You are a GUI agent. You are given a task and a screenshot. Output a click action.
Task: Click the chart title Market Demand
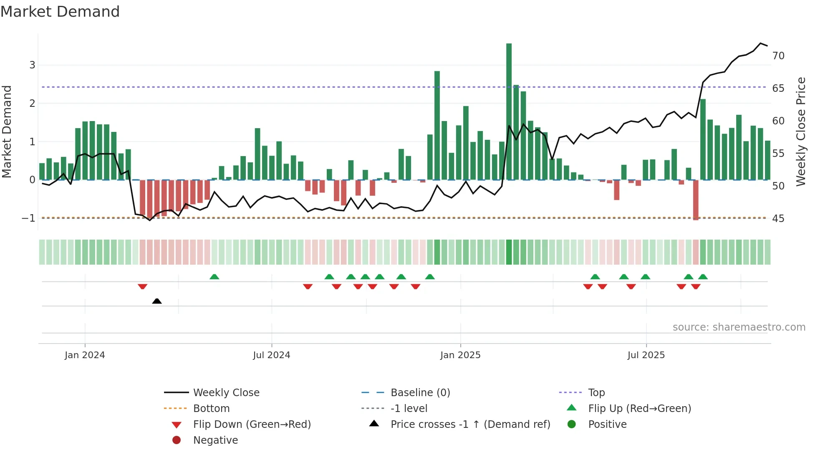[60, 12]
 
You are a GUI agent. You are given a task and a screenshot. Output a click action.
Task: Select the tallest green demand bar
[509, 111]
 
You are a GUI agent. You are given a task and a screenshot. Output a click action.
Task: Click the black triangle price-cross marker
[157, 301]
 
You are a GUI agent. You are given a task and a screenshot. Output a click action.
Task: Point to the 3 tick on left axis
[32, 65]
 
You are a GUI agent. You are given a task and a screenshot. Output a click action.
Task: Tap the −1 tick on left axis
[28, 218]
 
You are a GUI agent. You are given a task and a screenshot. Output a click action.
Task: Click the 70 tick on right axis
[778, 56]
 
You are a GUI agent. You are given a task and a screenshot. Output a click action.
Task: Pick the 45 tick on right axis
[778, 219]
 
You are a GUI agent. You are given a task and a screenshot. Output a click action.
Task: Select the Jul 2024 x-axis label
[271, 355]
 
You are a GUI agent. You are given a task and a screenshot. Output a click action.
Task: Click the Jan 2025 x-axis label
[460, 355]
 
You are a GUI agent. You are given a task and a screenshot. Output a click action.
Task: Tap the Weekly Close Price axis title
[800, 131]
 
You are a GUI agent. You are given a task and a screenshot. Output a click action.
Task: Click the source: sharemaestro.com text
[739, 327]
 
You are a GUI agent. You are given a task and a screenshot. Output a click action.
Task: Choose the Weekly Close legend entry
[226, 393]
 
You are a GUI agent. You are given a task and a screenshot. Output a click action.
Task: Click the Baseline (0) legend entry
[420, 393]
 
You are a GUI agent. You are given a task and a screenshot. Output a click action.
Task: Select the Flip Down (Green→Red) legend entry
[252, 425]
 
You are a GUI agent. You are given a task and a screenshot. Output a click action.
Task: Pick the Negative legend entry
[215, 440]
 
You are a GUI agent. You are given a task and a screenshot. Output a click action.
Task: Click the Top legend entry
[596, 393]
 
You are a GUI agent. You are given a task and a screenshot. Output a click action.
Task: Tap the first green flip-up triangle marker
[214, 277]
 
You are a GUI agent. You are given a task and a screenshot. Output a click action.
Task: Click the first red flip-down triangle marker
[142, 286]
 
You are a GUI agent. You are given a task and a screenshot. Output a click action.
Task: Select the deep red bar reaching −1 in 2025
[696, 200]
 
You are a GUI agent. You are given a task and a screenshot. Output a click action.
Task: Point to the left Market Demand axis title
[7, 131]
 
